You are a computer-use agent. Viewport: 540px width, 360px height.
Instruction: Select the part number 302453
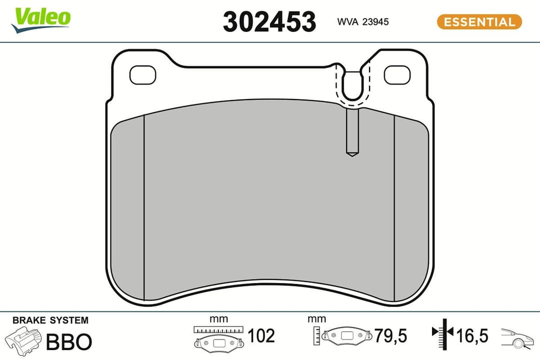(x=269, y=22)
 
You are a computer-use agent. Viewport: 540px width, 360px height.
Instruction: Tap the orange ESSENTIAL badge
(x=479, y=22)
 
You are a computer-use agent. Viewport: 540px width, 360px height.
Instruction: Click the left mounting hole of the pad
(x=142, y=75)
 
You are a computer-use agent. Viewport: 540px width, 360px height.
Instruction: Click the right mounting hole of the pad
(x=397, y=75)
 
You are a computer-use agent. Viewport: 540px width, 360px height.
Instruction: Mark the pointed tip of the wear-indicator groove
(x=352, y=154)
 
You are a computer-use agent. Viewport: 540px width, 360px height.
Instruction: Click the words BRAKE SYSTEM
(x=50, y=320)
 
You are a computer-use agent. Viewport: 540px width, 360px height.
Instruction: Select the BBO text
(x=69, y=342)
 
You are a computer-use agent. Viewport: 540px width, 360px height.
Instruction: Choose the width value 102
(x=261, y=336)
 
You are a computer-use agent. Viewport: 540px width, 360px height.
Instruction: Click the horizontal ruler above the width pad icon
(x=218, y=330)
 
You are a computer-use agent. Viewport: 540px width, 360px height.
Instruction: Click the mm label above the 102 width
(x=218, y=319)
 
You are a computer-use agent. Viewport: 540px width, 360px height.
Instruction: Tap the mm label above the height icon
(x=317, y=319)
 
